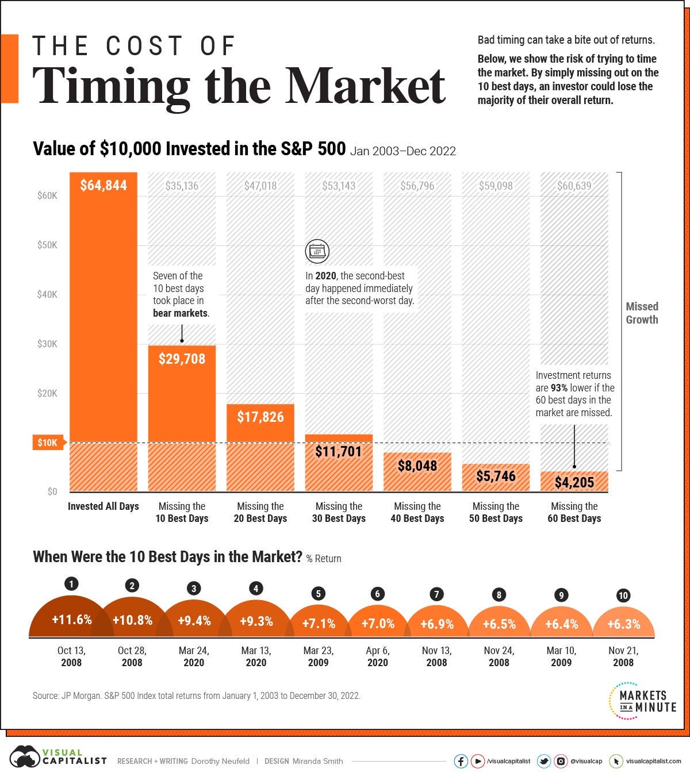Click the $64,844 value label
(x=103, y=186)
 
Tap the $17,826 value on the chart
(x=260, y=417)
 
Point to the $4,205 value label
(x=574, y=482)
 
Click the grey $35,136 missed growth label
(x=182, y=186)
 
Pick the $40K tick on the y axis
(x=47, y=294)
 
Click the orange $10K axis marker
(x=47, y=443)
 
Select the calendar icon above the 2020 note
(x=317, y=251)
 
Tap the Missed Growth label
(x=642, y=313)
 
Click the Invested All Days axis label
(x=103, y=506)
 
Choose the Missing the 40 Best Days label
(x=417, y=512)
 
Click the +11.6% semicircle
(x=71, y=620)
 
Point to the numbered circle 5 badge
(x=318, y=594)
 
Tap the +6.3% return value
(x=623, y=624)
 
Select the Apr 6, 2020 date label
(x=378, y=656)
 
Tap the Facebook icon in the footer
(x=461, y=761)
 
